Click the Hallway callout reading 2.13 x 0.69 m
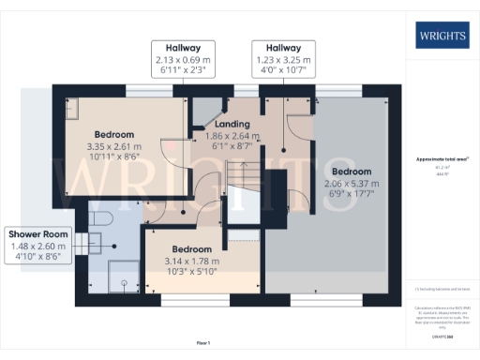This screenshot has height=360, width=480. tap(185, 47)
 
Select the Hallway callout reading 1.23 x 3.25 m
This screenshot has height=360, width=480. tap(282, 47)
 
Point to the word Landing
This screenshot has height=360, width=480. tap(232, 124)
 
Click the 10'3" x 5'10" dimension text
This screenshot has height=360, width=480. tap(192, 273)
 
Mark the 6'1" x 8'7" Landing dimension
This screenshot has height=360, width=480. tap(232, 147)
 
